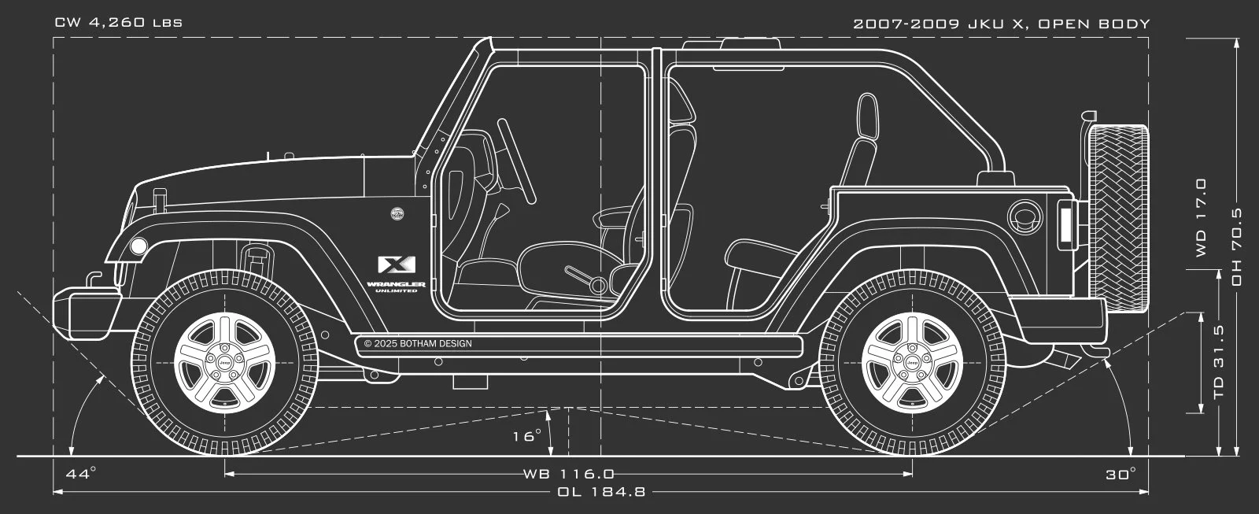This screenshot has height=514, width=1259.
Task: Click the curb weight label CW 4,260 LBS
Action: click(119, 23)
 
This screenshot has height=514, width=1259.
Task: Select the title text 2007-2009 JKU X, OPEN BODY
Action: click(1002, 24)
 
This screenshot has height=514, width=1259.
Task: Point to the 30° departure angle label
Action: click(1121, 475)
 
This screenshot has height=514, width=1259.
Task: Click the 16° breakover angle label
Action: click(526, 435)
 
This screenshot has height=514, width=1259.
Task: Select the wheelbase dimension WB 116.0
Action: click(569, 474)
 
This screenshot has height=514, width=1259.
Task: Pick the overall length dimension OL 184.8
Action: click(601, 492)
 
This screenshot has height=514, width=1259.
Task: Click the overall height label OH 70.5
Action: click(1236, 246)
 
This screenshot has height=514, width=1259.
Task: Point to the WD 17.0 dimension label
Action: click(1201, 218)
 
